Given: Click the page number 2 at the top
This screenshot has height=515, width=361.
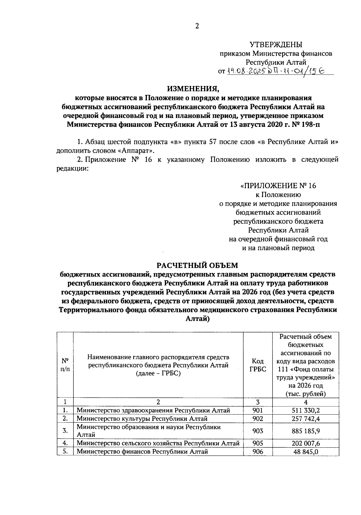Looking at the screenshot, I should [197, 26].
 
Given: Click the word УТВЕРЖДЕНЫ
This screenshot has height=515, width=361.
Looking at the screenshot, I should [276, 45].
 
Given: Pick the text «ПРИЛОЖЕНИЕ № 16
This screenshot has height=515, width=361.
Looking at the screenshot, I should [278, 186].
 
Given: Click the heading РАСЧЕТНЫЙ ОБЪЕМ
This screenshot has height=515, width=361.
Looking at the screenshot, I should [197, 265].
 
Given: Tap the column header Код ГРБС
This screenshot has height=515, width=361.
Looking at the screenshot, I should [258, 365].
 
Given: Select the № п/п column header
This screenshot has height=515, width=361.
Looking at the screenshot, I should [65, 365].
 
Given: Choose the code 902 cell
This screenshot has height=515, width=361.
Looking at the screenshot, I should [258, 418].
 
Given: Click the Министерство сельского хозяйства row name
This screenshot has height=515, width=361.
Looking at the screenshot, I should [158, 443].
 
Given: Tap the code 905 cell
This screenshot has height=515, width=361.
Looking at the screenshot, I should [258, 443].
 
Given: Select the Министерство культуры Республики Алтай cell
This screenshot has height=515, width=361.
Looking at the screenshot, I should [142, 418].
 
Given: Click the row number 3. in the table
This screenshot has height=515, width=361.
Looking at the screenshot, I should [65, 431].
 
